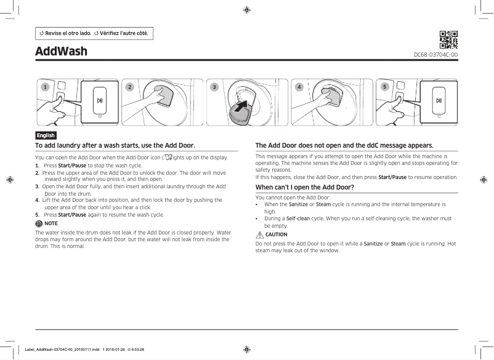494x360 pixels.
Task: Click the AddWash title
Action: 61,50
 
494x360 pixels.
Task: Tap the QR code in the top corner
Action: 448,39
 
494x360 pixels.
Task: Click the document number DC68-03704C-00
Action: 435,55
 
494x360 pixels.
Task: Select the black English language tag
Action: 46,135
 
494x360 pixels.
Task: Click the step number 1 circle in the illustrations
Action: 45,87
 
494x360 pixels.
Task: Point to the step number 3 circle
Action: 214,87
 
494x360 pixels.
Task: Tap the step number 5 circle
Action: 384,87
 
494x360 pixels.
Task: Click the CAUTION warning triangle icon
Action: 259,234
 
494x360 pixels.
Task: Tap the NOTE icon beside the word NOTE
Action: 39,224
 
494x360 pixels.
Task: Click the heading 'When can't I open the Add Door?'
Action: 305,186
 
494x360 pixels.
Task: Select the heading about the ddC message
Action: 336,145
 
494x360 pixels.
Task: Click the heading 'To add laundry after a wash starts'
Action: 115,145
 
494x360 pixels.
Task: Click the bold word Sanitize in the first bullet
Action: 298,204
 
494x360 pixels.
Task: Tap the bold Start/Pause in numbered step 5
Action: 72,215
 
